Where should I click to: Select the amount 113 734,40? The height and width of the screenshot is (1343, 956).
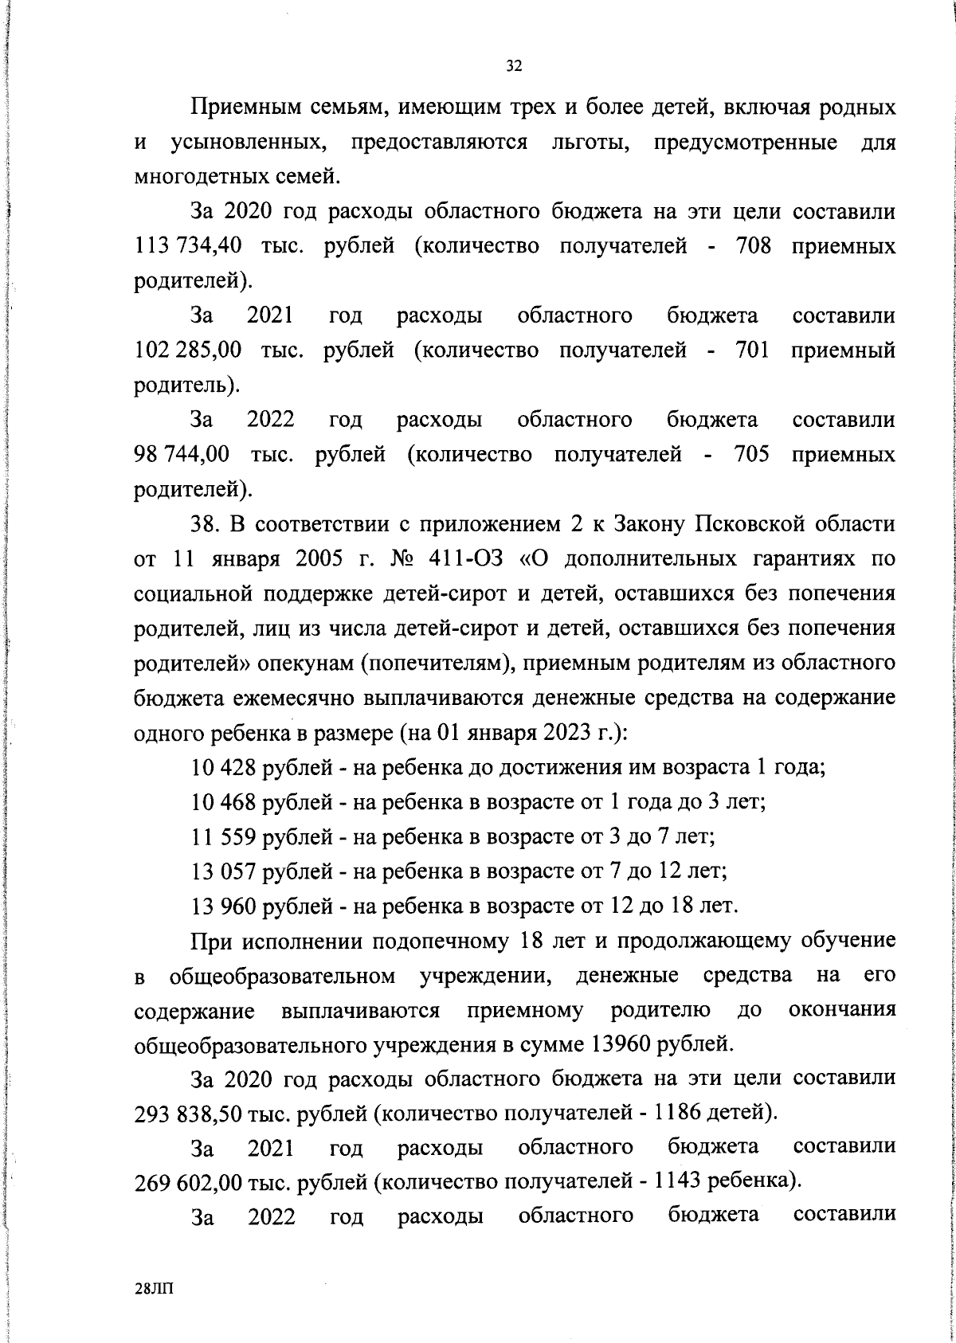(187, 246)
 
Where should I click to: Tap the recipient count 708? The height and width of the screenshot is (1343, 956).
(751, 246)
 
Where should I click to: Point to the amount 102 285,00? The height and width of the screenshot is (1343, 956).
(187, 350)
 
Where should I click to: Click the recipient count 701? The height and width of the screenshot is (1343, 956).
(751, 350)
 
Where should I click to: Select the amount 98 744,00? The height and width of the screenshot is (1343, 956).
(182, 455)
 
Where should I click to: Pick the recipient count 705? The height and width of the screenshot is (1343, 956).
(751, 455)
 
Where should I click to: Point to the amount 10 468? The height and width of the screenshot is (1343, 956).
(224, 801)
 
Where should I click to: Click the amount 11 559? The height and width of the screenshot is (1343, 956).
(224, 836)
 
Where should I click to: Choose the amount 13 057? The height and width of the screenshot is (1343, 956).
(224, 871)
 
